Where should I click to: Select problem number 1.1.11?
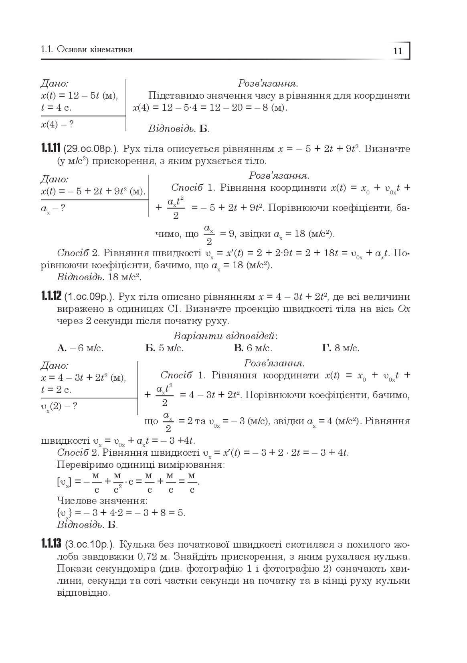pos(51,149)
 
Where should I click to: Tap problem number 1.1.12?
pos(51,297)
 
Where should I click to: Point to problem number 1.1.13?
pos(51,544)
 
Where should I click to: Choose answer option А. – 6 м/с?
pos(80,348)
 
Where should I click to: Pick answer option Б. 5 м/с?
pos(164,348)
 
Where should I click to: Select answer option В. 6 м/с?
pos(253,348)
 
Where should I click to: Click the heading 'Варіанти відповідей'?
pos(225,336)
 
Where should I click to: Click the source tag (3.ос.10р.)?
pos(90,545)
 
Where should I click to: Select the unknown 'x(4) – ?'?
pos(57,124)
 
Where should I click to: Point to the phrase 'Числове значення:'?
pos(102,501)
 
